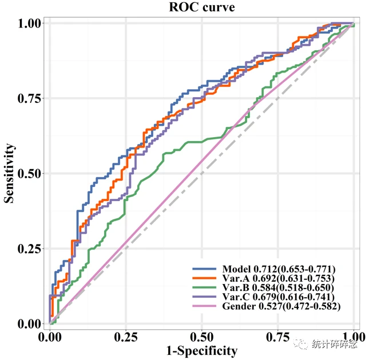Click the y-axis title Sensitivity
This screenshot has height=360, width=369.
(10, 173)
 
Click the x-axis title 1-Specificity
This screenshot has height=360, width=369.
(202, 350)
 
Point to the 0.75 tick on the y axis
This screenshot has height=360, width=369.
(30, 98)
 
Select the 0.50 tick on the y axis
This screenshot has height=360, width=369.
(30, 173)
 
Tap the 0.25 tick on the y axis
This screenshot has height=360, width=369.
(30, 249)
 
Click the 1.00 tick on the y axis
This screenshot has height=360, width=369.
(30, 23)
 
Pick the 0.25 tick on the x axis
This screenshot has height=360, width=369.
(126, 335)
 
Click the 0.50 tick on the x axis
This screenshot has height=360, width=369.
(202, 335)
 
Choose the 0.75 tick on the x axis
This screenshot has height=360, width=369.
(278, 335)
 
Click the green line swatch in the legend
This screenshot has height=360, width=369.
(204, 287)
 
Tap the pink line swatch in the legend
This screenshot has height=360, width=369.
(204, 306)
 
